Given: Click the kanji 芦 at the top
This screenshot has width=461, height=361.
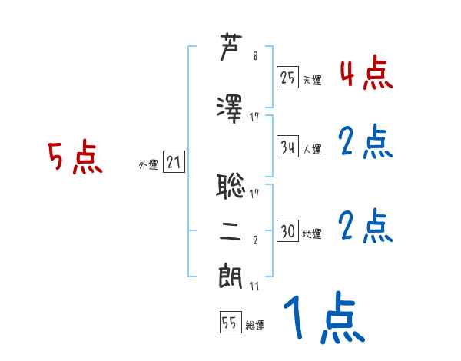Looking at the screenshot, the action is (230, 48).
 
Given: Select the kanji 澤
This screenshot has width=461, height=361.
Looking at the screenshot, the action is (231, 108).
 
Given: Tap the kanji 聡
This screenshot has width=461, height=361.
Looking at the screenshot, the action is (231, 184).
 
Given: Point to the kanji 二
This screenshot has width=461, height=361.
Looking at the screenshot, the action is (231, 236).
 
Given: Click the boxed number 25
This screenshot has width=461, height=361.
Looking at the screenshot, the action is (288, 77).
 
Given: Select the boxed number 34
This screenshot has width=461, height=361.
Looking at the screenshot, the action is (288, 145).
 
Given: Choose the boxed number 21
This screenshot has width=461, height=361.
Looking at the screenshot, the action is (173, 163).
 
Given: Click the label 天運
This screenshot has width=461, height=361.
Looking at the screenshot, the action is (312, 80).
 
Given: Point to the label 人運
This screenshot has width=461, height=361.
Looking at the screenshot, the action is (312, 148).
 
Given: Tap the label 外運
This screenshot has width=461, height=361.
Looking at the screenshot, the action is (148, 165).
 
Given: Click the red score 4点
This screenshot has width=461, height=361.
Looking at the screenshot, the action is (365, 74).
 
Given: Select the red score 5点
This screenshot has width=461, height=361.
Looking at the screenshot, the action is (75, 159).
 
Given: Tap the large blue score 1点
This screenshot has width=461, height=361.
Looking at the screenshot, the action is (323, 319).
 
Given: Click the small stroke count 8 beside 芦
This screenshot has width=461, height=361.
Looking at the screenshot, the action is (255, 56).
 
